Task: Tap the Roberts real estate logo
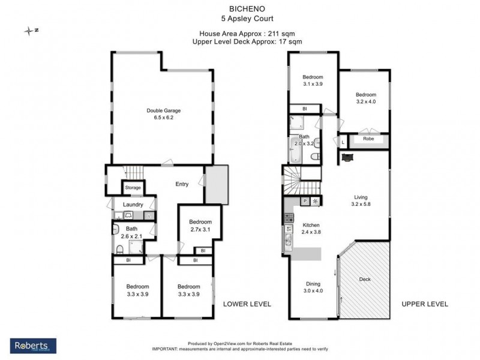pos(34,346)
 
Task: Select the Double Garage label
pos(164,110)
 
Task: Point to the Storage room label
pos(133,188)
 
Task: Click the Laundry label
pos(133,205)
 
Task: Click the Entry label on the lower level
pos(182,184)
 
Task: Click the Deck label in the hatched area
pos(365,279)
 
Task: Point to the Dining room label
pos(313,284)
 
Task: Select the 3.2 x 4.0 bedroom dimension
pos(365,102)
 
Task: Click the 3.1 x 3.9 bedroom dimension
pos(313,84)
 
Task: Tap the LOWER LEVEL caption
pos(247,304)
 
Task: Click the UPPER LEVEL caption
pos(425,304)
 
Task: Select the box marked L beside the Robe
pos(343,142)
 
